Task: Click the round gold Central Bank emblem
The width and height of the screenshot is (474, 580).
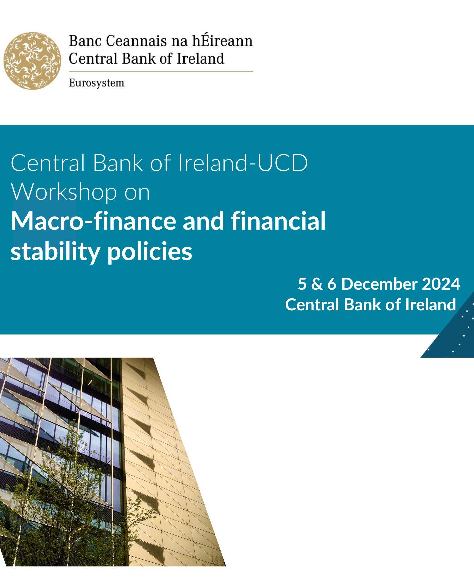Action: [x=33, y=61]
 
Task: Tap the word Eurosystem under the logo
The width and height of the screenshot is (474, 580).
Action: [x=97, y=83]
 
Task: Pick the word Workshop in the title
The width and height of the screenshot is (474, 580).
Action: [x=64, y=192]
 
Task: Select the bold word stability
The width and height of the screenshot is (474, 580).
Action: [x=55, y=251]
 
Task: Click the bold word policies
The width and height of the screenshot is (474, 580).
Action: [x=150, y=251]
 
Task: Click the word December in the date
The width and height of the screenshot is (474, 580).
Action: [x=379, y=284]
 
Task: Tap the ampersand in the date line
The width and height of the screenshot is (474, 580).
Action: [x=317, y=284]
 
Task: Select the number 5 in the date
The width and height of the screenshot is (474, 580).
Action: [x=302, y=284]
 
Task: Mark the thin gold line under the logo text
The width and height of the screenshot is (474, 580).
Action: [x=161, y=71]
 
